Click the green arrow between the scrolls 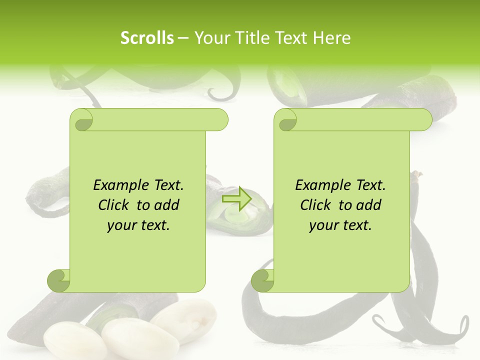pyautogui.click(x=236, y=198)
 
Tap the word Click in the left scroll pyautogui.click(x=109, y=205)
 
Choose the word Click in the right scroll pyautogui.click(x=311, y=205)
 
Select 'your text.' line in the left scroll pyautogui.click(x=138, y=225)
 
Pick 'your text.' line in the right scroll pyautogui.click(x=340, y=225)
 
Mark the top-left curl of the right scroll pyautogui.click(x=286, y=120)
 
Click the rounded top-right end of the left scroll pyautogui.click(x=220, y=120)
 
